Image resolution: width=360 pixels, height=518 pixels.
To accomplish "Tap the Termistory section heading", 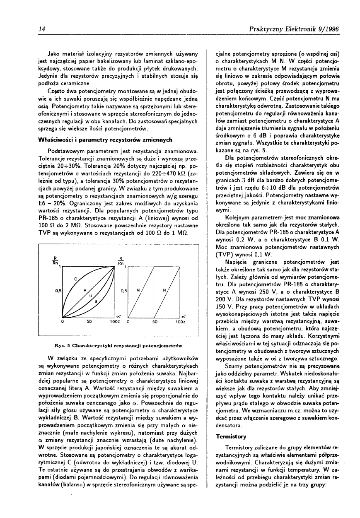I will [x=231, y=436].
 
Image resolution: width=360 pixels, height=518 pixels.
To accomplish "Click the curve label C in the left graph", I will [x=75, y=280].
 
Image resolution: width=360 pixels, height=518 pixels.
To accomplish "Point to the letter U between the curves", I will [x=90, y=296].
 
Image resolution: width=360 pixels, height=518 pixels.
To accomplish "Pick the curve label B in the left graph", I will [x=96, y=301].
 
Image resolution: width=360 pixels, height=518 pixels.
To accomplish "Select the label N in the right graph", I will [x=164, y=291].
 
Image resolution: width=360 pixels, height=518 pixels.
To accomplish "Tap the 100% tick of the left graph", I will [x=112, y=321].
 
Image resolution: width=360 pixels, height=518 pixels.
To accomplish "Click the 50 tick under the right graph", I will [x=154, y=321].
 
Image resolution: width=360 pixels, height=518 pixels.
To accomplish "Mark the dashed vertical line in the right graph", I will [x=154, y=290].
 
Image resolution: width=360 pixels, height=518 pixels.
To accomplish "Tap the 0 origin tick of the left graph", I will [x=62, y=321].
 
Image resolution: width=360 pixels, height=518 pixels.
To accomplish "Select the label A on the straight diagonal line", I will [x=85, y=290].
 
